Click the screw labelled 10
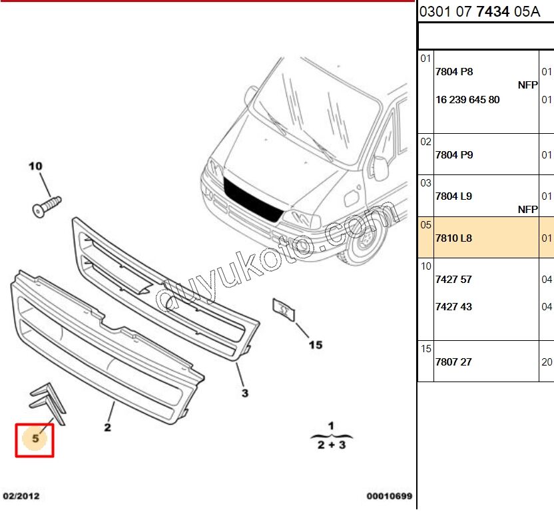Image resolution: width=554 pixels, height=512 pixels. pyautogui.click(x=47, y=206)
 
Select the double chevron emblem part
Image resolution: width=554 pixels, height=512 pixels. pyautogui.click(x=48, y=403)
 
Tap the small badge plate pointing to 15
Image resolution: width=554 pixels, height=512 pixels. pyautogui.click(x=284, y=310)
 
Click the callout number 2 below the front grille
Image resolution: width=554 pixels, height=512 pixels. pyautogui.click(x=107, y=427)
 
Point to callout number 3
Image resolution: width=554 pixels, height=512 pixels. pyautogui.click(x=245, y=393)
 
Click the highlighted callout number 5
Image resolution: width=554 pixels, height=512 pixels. pyautogui.click(x=35, y=439)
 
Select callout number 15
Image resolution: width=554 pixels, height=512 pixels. pyautogui.click(x=316, y=345)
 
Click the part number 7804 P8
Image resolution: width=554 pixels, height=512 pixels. pyautogui.click(x=454, y=72)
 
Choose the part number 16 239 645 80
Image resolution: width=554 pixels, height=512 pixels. pyautogui.click(x=467, y=100)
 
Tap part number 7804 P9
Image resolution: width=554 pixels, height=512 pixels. pyautogui.click(x=454, y=154)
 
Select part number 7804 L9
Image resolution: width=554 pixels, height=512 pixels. pyautogui.click(x=453, y=196)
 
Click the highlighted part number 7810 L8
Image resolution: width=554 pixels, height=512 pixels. pyautogui.click(x=453, y=238)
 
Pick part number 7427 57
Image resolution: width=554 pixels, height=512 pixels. pyautogui.click(x=453, y=280)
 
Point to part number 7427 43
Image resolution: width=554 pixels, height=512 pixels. pyautogui.click(x=453, y=307)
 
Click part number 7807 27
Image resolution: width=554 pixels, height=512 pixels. pyautogui.click(x=453, y=362)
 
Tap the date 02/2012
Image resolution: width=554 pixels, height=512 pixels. pyautogui.click(x=21, y=496)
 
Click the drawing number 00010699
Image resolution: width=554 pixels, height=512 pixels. pyautogui.click(x=390, y=496)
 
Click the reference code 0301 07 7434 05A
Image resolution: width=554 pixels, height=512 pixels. pyautogui.click(x=479, y=12)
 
